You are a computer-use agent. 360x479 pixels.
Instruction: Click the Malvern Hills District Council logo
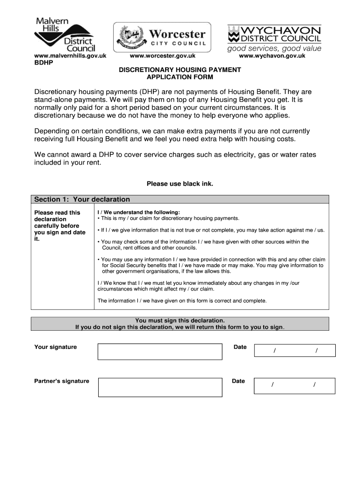[x=65, y=34]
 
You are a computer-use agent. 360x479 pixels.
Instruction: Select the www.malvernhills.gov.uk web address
[x=70, y=56]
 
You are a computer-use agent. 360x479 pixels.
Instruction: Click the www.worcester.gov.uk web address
[x=162, y=56]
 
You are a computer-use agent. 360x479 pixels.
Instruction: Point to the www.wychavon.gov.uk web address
[x=272, y=56]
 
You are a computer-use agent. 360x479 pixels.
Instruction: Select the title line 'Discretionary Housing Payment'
[x=180, y=70]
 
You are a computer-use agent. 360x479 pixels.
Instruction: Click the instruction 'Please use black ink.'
[x=180, y=184]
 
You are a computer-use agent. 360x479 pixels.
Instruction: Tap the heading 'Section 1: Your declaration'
[x=82, y=199]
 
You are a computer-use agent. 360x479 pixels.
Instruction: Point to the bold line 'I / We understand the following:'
[x=138, y=212]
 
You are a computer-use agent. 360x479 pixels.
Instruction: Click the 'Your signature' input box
[x=159, y=351]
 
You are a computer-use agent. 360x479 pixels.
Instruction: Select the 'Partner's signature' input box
[x=159, y=388]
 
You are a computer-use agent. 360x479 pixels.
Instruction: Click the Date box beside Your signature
[x=294, y=350]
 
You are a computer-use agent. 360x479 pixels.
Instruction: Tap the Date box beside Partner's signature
[x=294, y=385]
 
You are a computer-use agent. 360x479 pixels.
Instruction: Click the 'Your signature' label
[x=56, y=347]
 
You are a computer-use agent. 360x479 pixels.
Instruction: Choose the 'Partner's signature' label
[x=61, y=381]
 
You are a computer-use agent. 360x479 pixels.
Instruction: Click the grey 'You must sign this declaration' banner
[x=180, y=324]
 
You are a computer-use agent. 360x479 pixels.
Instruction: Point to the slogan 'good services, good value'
[x=274, y=48]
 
